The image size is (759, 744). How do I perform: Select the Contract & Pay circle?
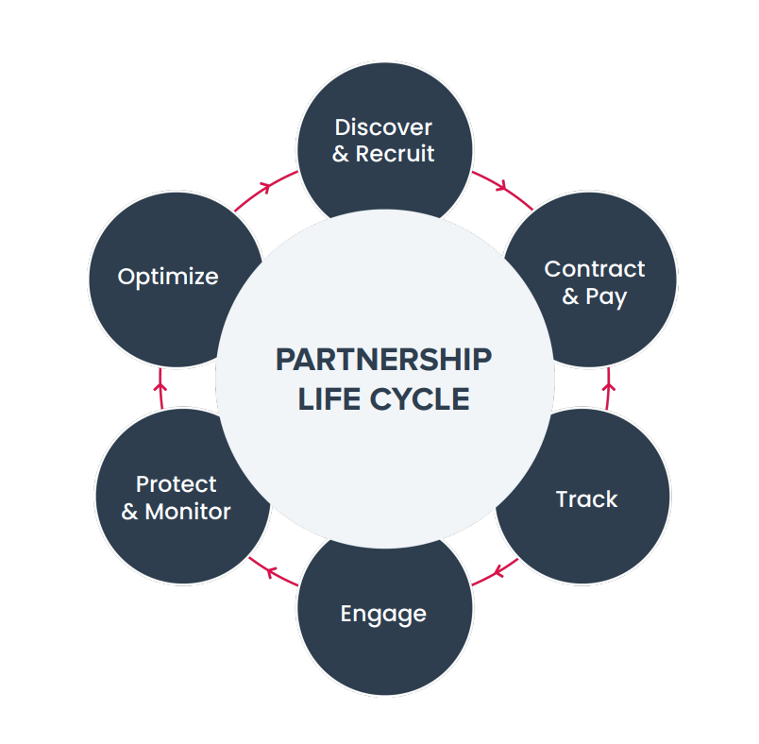593,281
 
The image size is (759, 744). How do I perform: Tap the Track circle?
585,499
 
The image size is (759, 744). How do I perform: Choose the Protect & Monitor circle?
176,499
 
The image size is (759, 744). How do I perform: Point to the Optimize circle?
168,277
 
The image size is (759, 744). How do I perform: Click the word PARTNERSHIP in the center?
383,360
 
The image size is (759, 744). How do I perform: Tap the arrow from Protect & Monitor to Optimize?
160,385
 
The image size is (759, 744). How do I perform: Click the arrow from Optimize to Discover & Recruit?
264,186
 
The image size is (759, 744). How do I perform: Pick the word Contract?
595,269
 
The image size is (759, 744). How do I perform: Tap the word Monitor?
188,512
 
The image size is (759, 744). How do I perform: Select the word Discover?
383,127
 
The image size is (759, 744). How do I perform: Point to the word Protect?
177,484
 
